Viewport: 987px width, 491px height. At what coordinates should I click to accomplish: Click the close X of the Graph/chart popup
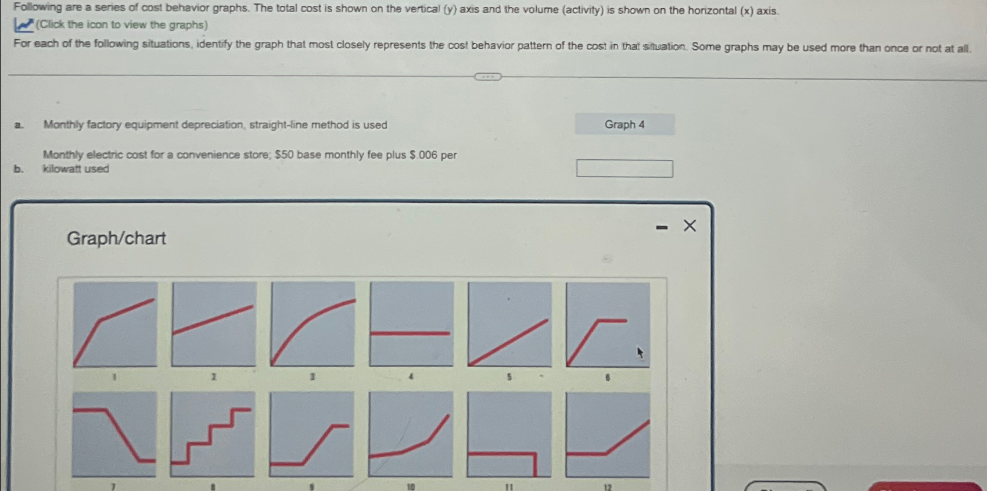(x=690, y=225)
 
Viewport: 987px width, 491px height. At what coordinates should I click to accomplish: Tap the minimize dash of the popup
(x=662, y=227)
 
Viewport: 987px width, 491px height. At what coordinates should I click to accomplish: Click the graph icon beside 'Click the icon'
(x=24, y=25)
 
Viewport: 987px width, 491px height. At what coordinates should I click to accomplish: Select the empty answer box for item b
(x=624, y=169)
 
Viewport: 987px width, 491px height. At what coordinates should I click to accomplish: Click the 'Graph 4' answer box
(x=624, y=124)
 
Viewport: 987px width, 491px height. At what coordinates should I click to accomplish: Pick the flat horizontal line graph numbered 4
(x=411, y=324)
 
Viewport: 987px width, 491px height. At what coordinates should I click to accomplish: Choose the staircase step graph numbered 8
(x=213, y=435)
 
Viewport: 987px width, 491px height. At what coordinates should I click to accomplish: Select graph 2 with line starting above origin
(x=214, y=324)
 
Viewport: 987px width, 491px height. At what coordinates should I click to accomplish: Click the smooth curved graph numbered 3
(x=313, y=324)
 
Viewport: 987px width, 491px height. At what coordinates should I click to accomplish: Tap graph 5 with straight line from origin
(x=510, y=324)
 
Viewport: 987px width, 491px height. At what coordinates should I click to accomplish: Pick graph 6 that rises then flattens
(x=608, y=324)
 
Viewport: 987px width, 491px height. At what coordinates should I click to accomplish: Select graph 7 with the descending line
(x=114, y=435)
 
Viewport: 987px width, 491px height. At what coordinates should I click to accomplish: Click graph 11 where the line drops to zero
(x=509, y=435)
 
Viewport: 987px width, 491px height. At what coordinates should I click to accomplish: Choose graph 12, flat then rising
(x=608, y=435)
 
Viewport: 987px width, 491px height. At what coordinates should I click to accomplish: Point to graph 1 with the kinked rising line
(x=116, y=324)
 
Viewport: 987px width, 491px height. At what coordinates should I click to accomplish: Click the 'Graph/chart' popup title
(x=116, y=238)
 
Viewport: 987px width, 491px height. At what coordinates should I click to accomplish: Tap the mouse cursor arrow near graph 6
(x=640, y=353)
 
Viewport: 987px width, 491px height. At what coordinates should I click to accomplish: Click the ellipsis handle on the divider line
(x=487, y=77)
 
